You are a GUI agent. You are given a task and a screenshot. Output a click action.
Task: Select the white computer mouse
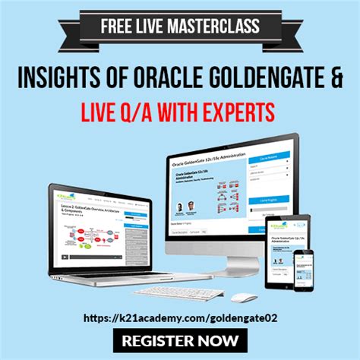243,296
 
